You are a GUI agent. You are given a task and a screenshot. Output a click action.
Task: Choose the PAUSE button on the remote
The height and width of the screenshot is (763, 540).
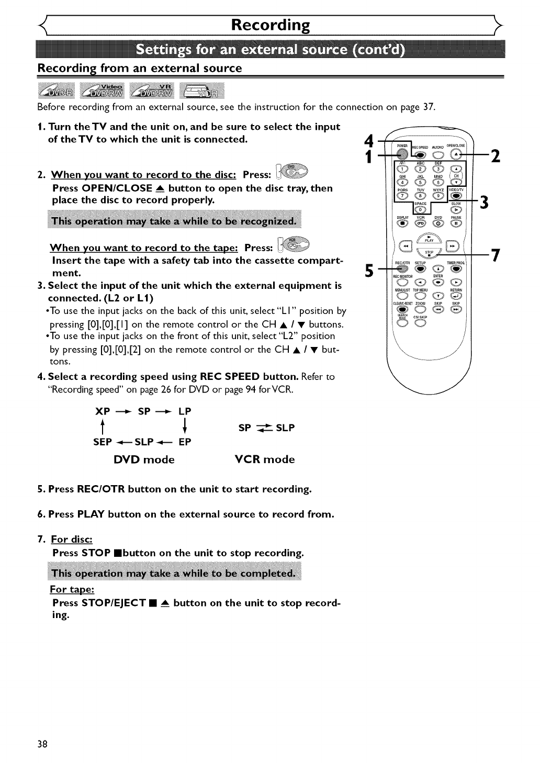tap(456, 224)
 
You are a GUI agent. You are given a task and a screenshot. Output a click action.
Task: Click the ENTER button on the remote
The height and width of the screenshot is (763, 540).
tap(438, 283)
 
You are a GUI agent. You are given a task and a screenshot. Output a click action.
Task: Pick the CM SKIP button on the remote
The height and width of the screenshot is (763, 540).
tap(420, 323)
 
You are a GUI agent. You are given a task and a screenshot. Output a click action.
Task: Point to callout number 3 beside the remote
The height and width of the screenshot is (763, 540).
tap(485, 202)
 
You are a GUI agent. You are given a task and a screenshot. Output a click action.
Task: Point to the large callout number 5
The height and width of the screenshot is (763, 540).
tap(370, 271)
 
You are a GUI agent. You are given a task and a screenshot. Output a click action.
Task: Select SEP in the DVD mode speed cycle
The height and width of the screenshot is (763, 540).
tap(103, 442)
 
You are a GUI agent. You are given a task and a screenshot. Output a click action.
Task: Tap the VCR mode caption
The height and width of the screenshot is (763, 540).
tap(265, 459)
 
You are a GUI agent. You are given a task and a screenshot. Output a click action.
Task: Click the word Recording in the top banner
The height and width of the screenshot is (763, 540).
tap(271, 25)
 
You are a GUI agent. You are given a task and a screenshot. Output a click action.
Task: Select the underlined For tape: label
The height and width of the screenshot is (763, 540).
tap(72, 589)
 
